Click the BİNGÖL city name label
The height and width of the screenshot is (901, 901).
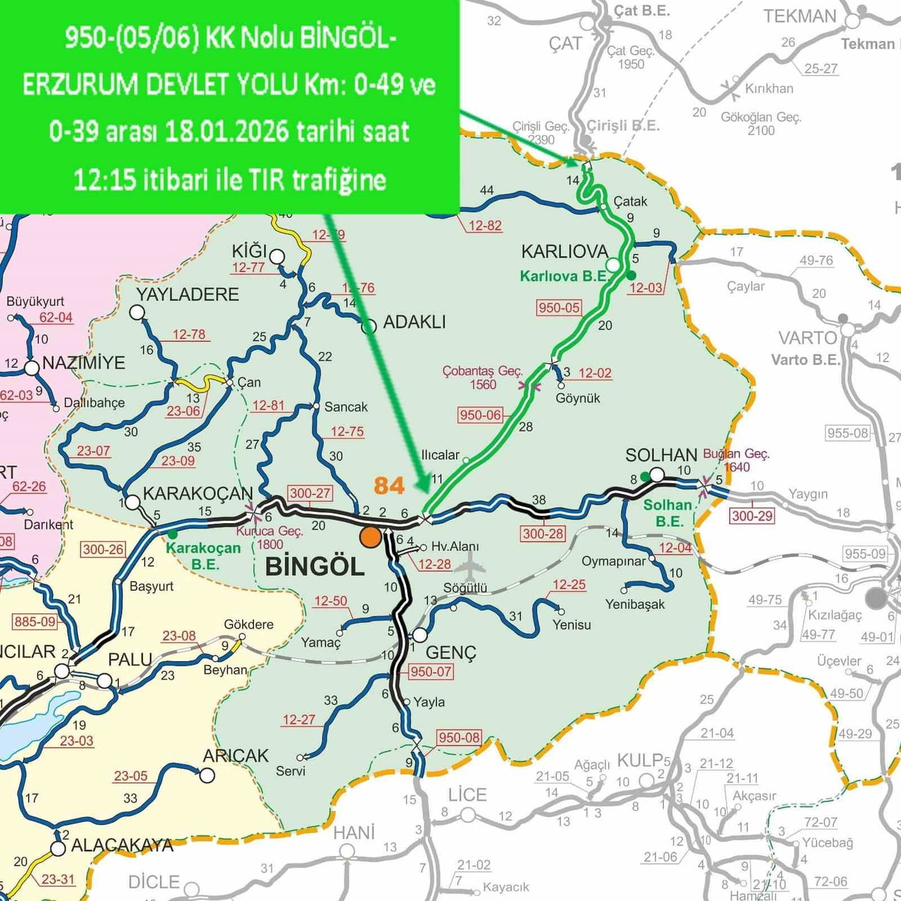[315, 567]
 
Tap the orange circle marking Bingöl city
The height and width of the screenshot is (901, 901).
[370, 537]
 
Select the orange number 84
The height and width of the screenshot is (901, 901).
[389, 485]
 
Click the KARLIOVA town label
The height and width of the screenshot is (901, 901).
[565, 251]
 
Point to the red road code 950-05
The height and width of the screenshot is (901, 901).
[559, 308]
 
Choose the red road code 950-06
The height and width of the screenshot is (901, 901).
[480, 415]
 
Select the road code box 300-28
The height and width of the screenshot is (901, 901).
[543, 534]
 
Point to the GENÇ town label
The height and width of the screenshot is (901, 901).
[450, 653]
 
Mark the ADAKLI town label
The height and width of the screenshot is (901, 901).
[415, 322]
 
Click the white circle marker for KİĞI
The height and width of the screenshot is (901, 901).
[277, 256]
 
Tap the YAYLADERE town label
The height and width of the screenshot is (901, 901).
[187, 294]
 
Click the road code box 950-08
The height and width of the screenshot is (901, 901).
[459, 738]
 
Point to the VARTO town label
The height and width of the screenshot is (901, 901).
[807, 338]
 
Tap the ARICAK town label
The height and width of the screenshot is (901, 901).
[236, 756]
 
